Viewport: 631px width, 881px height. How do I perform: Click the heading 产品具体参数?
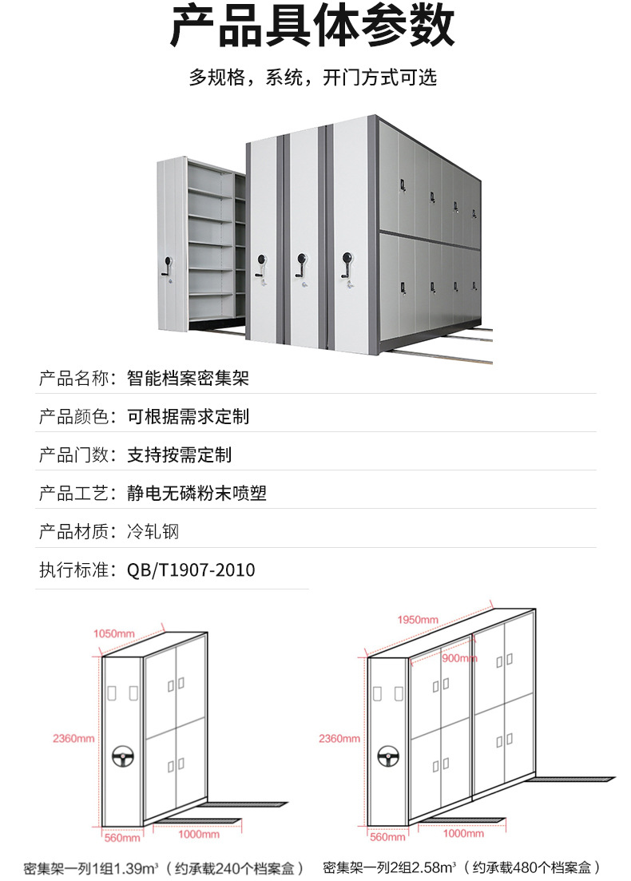[313, 27]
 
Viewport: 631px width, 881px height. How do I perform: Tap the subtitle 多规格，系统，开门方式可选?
[313, 77]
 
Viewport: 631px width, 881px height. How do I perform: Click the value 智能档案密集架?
[189, 378]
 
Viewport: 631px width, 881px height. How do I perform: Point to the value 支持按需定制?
[180, 454]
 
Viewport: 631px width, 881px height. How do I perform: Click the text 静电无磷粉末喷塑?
[196, 493]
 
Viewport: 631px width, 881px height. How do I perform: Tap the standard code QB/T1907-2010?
[191, 570]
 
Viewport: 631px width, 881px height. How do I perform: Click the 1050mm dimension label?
[114, 633]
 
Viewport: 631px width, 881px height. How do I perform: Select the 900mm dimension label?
[459, 658]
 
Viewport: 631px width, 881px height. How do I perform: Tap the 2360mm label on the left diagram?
[74, 739]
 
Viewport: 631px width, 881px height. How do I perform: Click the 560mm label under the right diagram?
[387, 838]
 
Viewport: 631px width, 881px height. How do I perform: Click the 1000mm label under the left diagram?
[198, 835]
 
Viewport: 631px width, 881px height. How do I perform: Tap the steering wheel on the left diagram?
[123, 754]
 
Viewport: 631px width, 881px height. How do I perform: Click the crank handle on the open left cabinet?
[168, 266]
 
